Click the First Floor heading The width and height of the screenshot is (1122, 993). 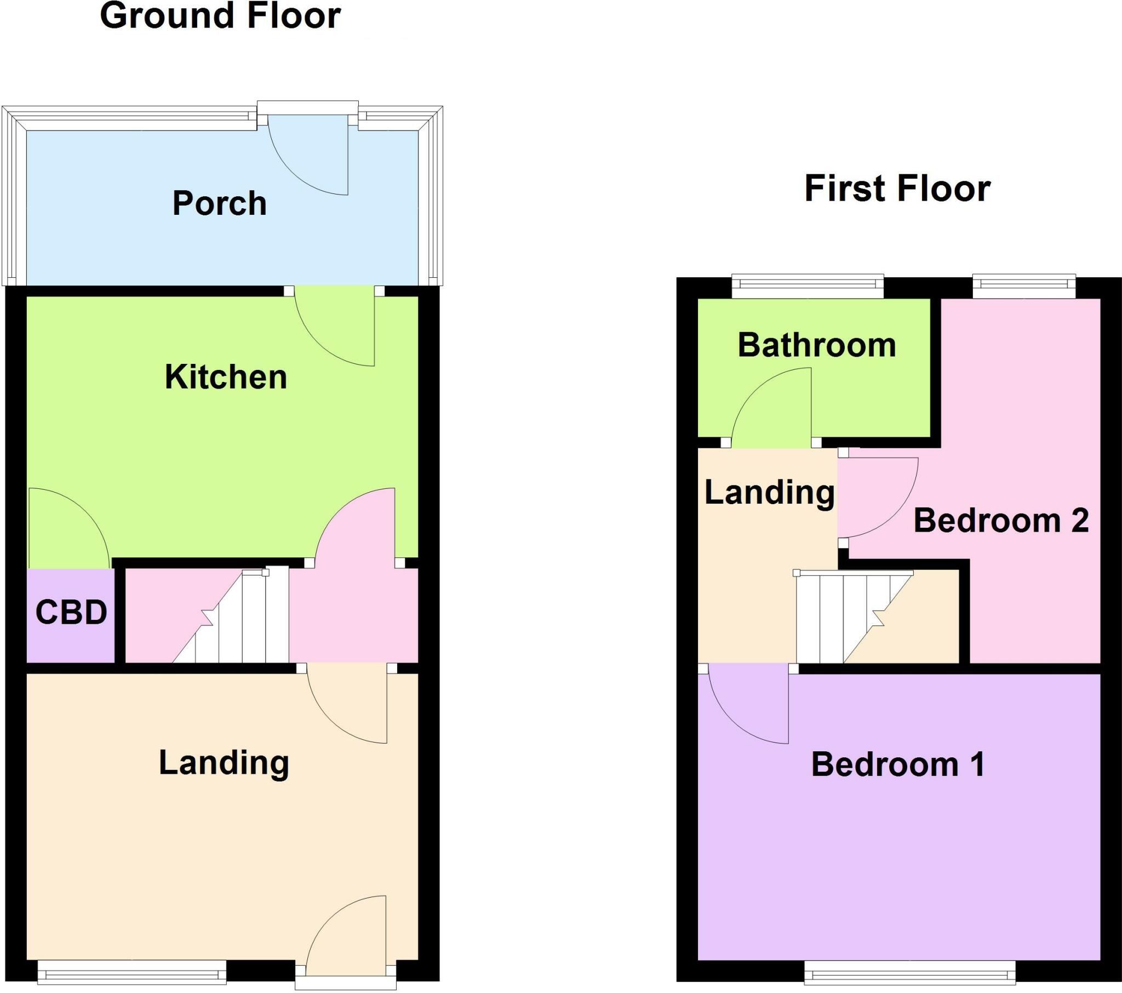(897, 189)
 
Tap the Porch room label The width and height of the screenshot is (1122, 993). (220, 203)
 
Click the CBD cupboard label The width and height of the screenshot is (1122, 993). (71, 612)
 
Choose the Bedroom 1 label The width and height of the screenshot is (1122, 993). (898, 764)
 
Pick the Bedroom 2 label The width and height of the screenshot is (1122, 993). (1001, 520)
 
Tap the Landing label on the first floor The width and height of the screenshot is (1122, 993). (769, 492)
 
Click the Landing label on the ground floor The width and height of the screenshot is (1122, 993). (224, 763)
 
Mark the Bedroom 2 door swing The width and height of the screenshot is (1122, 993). (873, 494)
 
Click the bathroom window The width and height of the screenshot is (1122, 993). (808, 284)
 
